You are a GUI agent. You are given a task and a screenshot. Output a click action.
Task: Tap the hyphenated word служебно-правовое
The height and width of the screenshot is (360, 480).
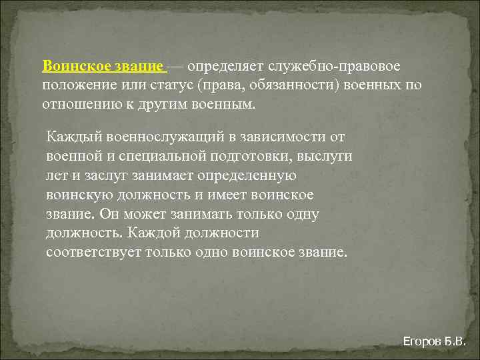[x=335, y=67]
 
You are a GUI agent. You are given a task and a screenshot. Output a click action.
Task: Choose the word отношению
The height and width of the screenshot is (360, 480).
[x=79, y=105]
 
